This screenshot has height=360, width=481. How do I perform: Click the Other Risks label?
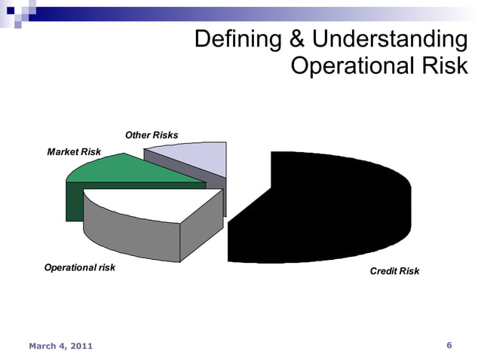tap(152, 136)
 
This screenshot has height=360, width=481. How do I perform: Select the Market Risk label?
tap(74, 152)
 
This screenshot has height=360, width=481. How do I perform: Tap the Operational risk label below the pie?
tap(79, 267)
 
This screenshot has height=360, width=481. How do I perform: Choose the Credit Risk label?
tap(394, 271)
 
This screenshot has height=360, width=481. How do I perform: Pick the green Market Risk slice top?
tap(128, 169)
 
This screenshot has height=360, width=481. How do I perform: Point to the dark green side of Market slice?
tap(75, 203)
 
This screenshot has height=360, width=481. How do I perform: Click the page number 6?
tap(449, 346)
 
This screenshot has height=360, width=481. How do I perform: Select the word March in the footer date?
tap(44, 346)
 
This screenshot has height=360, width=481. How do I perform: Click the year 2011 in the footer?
tap(81, 346)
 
